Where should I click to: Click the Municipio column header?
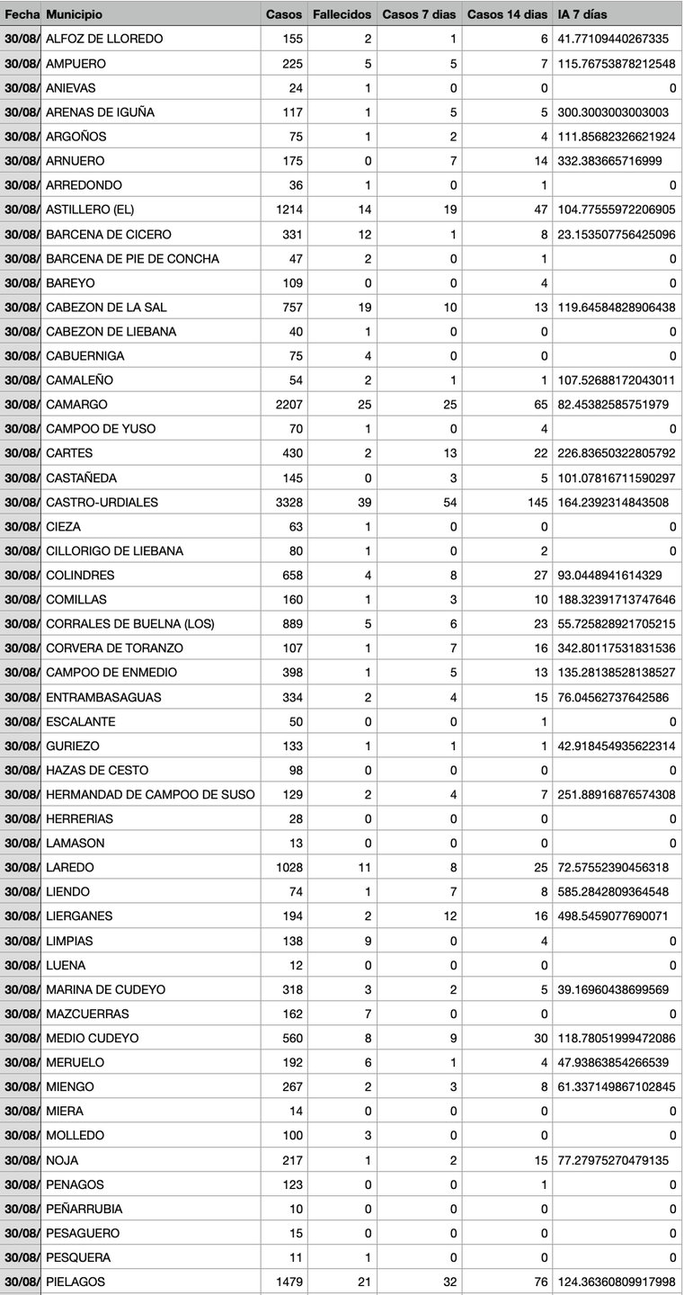click(x=74, y=14)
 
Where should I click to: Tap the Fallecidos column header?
click(x=341, y=14)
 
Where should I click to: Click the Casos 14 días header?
click(x=507, y=14)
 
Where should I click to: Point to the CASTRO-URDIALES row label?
click(x=102, y=502)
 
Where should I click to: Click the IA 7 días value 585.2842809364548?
click(x=613, y=892)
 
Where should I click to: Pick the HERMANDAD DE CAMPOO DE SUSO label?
click(x=150, y=794)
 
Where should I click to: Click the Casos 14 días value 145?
click(x=537, y=502)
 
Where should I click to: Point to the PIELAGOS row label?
click(x=76, y=1282)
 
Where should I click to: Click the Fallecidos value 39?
click(x=364, y=502)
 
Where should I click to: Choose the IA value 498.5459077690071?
click(x=613, y=916)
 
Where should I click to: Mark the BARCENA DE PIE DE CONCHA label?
click(x=132, y=258)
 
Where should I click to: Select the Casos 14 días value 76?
click(x=540, y=1282)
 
